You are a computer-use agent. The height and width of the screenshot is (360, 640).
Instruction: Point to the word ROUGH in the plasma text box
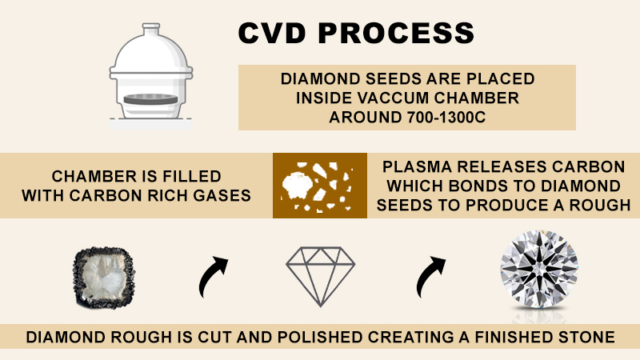[594, 204]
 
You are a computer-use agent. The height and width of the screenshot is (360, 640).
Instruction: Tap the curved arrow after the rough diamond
[211, 277]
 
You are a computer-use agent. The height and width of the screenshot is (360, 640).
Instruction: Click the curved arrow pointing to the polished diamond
[431, 277]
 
